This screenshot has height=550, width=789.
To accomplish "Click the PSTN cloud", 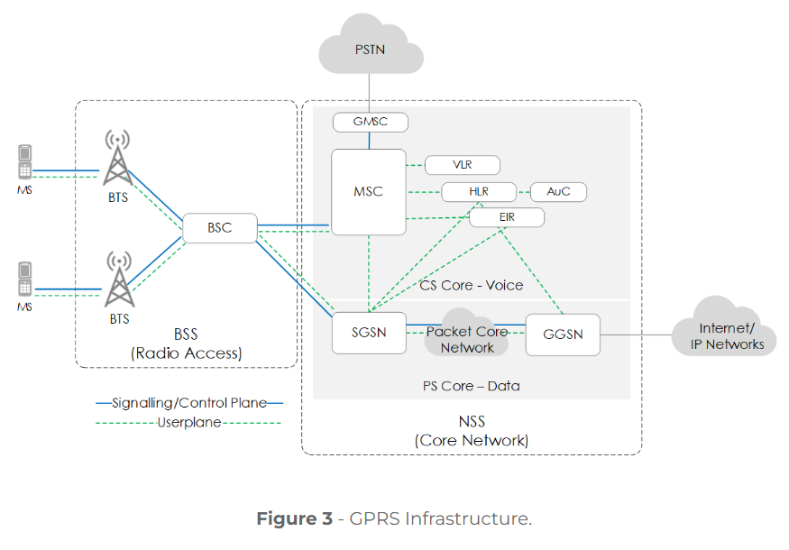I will click(370, 48).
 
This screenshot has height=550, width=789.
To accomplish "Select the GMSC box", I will click(370, 122).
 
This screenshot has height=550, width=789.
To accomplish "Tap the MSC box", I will click(368, 191).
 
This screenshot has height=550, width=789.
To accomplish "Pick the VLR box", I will click(462, 165).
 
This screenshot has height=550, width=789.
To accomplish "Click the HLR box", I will click(478, 192).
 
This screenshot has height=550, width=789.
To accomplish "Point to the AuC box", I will click(558, 192).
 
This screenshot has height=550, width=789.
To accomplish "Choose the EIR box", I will click(508, 217).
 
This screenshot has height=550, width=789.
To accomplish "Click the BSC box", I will click(220, 228).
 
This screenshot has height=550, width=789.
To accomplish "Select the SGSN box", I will click(369, 332).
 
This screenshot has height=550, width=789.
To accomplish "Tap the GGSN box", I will click(563, 334).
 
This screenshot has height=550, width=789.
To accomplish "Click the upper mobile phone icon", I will click(24, 162).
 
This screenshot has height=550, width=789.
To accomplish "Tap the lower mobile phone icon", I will click(24, 280).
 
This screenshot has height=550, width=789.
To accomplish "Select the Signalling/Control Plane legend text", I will click(188, 403).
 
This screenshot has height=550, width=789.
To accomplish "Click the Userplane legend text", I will click(188, 422).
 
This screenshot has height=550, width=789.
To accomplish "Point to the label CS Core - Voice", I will click(471, 285).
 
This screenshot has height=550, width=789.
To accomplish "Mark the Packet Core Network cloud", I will click(466, 339).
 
